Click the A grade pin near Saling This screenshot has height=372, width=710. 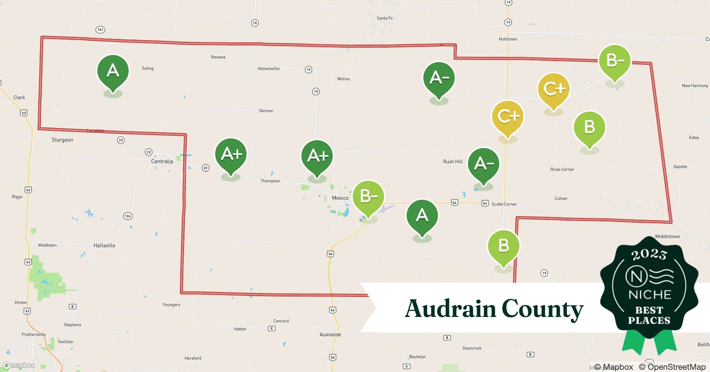pyautogui.click(x=113, y=71)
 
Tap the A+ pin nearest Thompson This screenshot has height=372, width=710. pyautogui.click(x=231, y=154)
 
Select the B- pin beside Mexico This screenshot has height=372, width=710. pyautogui.click(x=368, y=196)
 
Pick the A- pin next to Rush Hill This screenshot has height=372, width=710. pyautogui.click(x=483, y=164)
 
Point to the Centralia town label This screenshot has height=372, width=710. pyautogui.click(x=162, y=161)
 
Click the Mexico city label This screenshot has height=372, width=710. pyautogui.click(x=340, y=198)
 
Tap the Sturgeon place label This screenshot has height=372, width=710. pyautogui.click(x=62, y=140)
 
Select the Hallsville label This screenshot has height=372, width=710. pyautogui.click(x=104, y=246)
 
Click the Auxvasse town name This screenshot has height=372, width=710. pyautogui.click(x=330, y=334)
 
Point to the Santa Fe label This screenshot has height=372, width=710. pyautogui.click(x=384, y=18)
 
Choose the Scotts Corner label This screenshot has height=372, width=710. pyautogui.click(x=504, y=204)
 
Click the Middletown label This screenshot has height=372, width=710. pyautogui.click(x=667, y=237)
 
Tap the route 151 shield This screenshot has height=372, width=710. pyautogui.click(x=100, y=30)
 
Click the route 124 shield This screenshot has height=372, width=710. pyautogui.click(x=128, y=216)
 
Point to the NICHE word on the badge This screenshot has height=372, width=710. pyautogui.click(x=649, y=295)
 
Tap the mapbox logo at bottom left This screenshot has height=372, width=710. pyautogui.click(x=19, y=366)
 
